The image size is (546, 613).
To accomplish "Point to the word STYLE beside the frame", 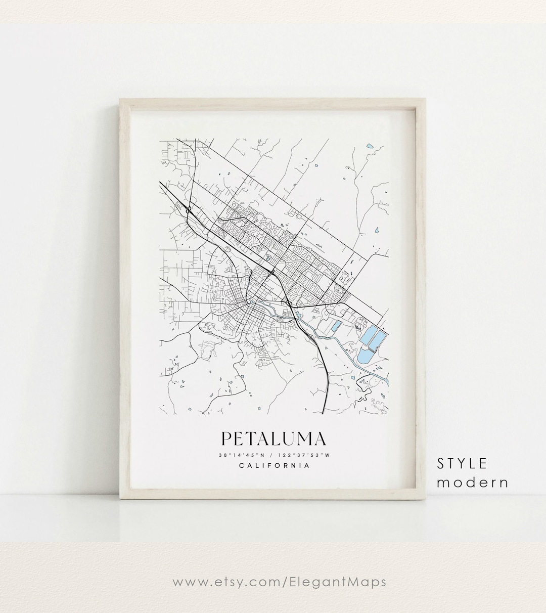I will [x=462, y=463].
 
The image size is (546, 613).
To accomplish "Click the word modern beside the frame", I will [x=473, y=483].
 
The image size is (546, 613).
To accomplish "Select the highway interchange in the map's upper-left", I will [x=188, y=208].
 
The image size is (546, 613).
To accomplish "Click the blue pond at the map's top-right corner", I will [x=370, y=147].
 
